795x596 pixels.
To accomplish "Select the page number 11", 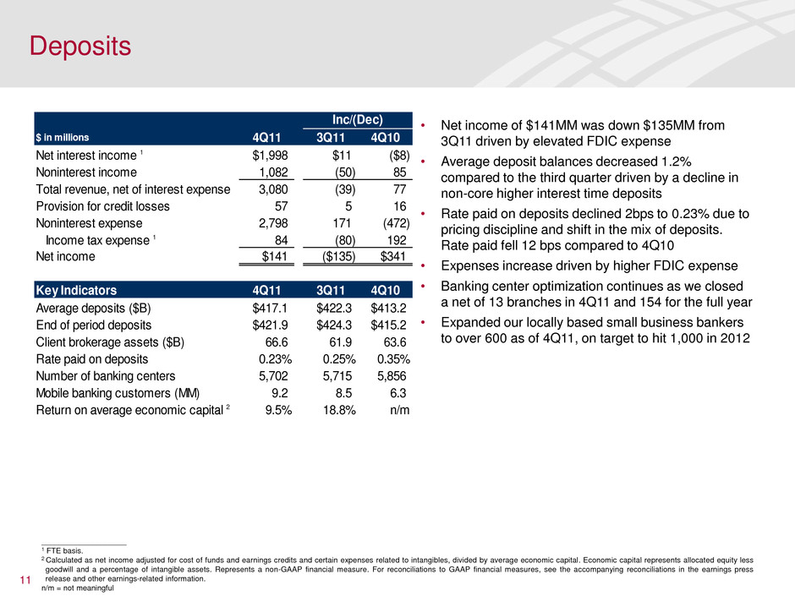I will coord(25,580).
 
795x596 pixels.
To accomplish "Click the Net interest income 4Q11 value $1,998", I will coord(272,156).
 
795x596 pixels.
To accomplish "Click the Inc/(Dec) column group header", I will coord(355,120).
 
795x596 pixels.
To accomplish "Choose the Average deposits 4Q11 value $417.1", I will coord(272,308).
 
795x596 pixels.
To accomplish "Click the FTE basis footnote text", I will coord(64,550).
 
